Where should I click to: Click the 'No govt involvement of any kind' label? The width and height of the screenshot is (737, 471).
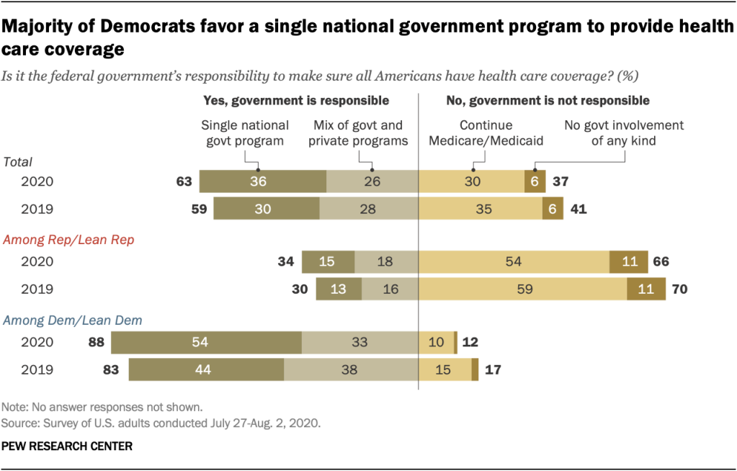click(624, 133)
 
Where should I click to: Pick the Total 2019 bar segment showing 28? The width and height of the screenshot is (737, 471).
click(369, 209)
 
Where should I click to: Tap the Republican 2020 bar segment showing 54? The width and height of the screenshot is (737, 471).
click(514, 261)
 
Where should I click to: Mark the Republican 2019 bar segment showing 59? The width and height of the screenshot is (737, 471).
click(523, 289)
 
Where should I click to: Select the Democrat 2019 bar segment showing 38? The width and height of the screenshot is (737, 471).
click(352, 369)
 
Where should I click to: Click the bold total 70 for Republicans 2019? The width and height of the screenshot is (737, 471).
click(678, 289)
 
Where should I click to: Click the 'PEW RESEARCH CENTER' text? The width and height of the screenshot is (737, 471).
click(68, 447)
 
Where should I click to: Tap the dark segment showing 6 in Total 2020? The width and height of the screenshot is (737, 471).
click(535, 182)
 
